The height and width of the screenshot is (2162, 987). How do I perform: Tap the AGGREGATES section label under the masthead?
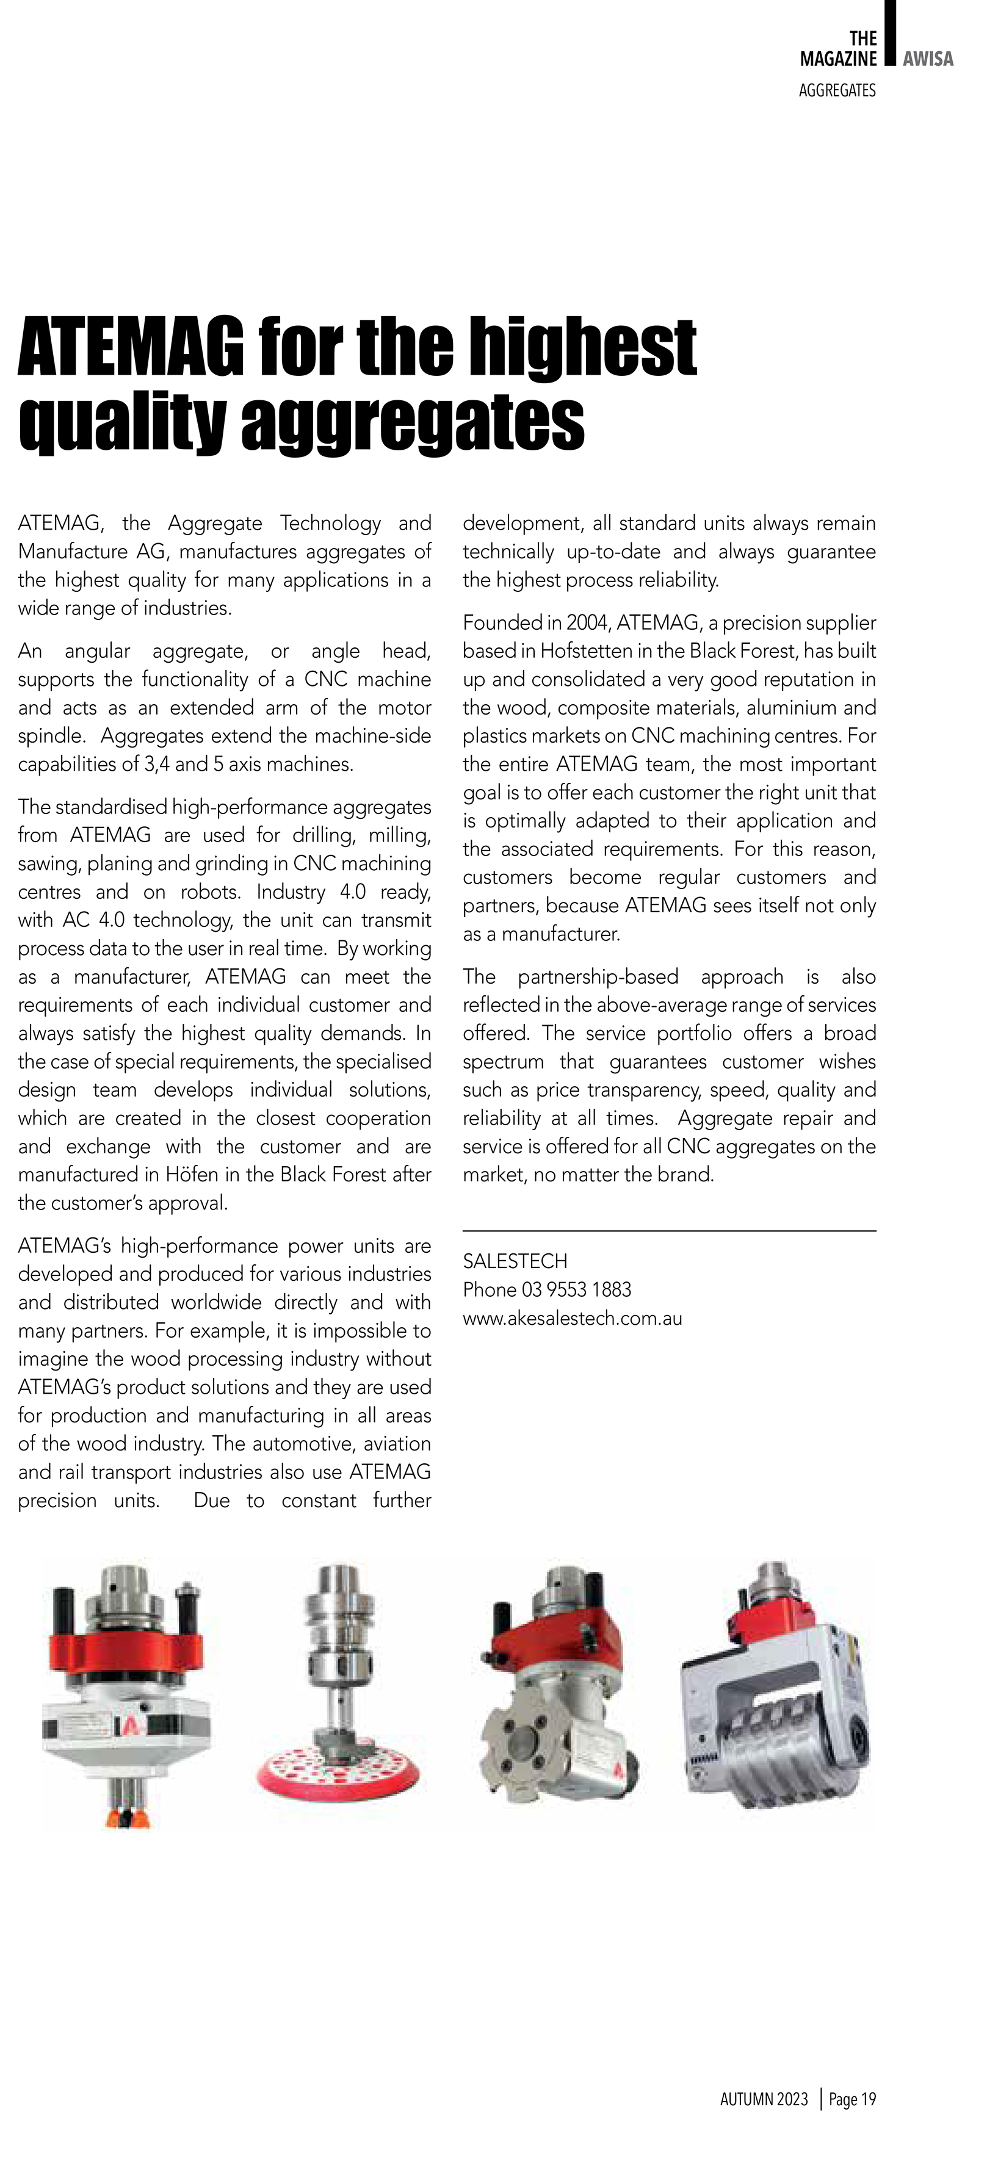click(837, 91)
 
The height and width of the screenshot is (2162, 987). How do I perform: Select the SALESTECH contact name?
click(515, 1261)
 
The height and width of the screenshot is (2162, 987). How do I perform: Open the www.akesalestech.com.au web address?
click(573, 1319)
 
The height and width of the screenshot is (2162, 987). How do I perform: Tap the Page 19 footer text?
click(852, 2099)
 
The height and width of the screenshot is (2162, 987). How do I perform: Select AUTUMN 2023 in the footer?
click(764, 2099)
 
